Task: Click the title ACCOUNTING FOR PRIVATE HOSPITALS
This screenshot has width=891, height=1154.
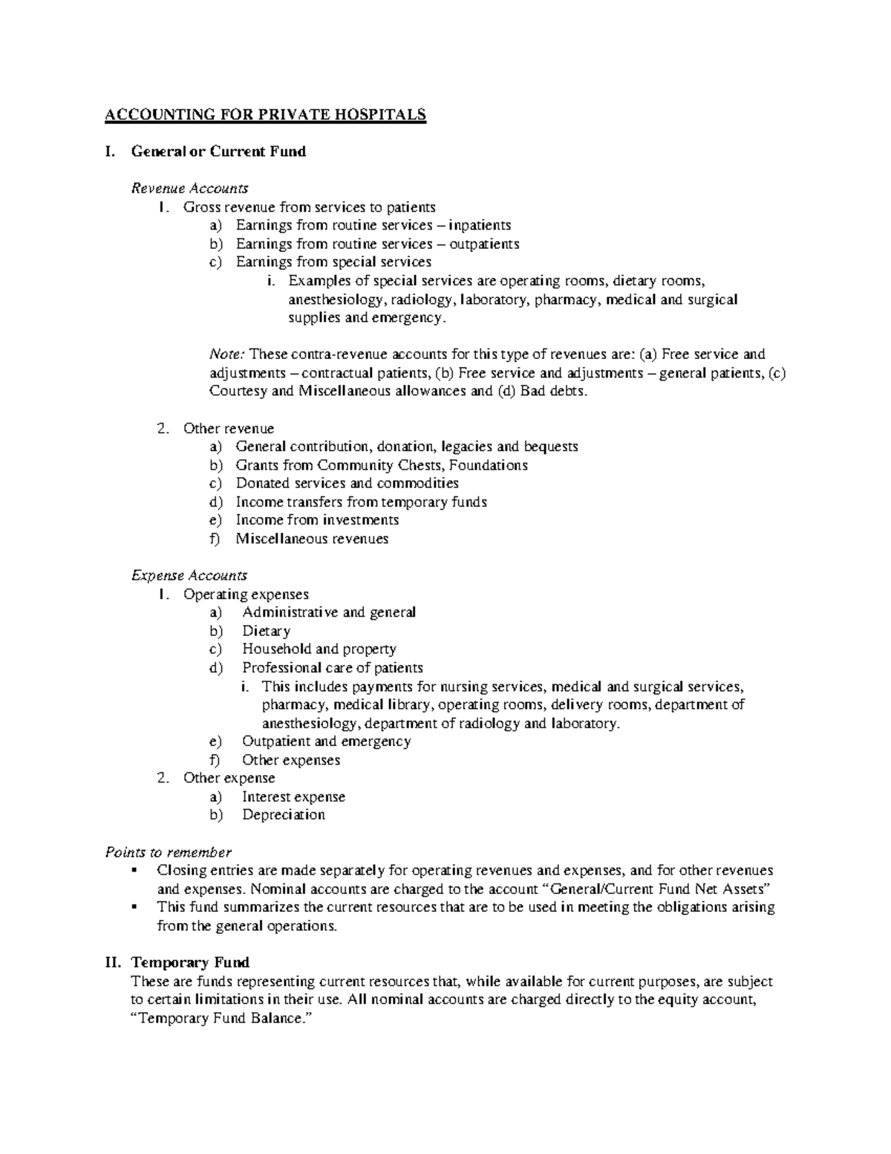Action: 265,114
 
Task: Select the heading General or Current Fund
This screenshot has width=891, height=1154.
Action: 218,152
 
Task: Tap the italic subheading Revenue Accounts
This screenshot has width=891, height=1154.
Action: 189,189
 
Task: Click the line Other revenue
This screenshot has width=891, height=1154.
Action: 229,429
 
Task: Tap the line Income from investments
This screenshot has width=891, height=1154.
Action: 317,520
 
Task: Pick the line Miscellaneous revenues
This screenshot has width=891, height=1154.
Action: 312,539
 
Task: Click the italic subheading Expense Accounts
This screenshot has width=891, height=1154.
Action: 189,576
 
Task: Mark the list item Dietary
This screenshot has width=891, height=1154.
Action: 266,631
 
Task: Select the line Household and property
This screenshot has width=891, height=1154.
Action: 319,649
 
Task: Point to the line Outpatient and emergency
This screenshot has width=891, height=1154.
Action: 326,742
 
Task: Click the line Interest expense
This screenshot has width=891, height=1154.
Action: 293,797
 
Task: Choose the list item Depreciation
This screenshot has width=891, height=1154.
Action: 283,815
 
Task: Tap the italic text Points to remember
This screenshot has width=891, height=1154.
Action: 169,852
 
